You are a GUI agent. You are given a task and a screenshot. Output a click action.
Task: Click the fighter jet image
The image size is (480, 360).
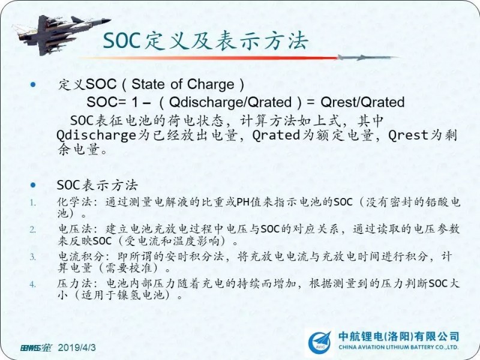coord(61,35)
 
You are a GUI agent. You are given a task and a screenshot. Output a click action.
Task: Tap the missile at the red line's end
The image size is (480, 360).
coord(367,57)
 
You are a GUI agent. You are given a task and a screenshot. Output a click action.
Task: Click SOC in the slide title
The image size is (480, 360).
coord(122,41)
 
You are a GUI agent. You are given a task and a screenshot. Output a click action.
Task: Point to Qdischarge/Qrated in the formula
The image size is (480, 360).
coord(230,102)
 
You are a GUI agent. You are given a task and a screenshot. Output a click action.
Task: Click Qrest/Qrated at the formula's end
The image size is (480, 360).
coord(362,102)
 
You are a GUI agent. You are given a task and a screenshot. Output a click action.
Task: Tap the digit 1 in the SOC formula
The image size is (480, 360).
coord(134,102)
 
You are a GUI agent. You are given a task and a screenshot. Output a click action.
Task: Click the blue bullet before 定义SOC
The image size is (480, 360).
coord(33,85)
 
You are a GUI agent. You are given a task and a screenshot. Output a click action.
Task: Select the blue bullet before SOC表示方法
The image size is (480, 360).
coord(33,185)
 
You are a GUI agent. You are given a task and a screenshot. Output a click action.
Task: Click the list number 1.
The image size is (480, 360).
coord(33,202)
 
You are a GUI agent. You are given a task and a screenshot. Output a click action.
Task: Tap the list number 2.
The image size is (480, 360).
coord(33,229)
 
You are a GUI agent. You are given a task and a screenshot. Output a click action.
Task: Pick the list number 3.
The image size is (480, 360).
coord(33,257)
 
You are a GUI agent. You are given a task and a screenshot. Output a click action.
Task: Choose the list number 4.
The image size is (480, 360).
coord(33,284)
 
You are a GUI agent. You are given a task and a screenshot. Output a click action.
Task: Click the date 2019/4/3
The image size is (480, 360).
coord(77,347)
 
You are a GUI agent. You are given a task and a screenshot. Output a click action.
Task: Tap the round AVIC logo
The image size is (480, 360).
coord(320,343)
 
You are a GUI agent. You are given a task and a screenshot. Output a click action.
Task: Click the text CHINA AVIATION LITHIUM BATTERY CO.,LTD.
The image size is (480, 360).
coord(398,347)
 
